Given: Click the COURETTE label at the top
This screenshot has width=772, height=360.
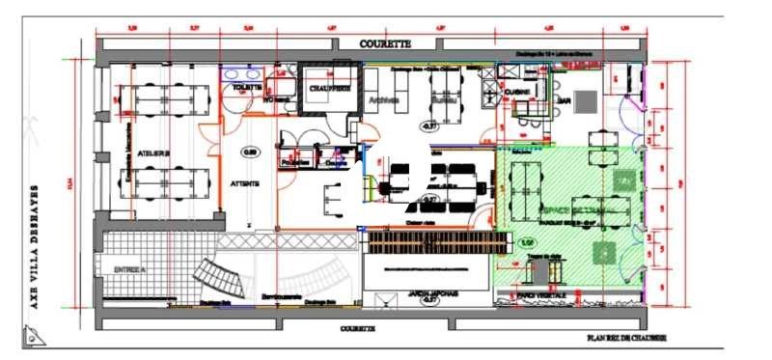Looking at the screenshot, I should coord(385,44).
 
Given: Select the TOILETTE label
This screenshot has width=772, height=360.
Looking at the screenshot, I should coord(246,87).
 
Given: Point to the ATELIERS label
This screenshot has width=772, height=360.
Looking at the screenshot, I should coord(154,152).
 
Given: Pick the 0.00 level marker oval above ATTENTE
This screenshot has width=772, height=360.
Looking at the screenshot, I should coord(250,152).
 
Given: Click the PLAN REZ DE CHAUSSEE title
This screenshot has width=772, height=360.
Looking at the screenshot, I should coord(626,338).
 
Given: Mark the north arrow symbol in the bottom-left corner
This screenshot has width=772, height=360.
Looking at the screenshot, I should coord(34,335).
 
